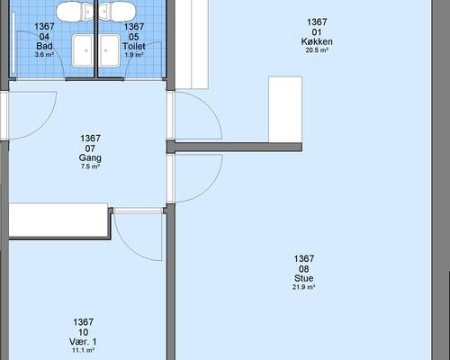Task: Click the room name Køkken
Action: pyautogui.click(x=316, y=41)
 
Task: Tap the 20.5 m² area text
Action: pyautogui.click(x=316, y=51)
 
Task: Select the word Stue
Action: pyautogui.click(x=303, y=278)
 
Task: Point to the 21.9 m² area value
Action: pyautogui.click(x=303, y=288)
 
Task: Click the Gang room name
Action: pyautogui.click(x=90, y=157)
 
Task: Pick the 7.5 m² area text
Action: pyautogui.click(x=90, y=167)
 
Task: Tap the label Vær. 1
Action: pyautogui.click(x=83, y=342)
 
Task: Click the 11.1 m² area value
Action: pyautogui.click(x=83, y=352)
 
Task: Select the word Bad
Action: pyautogui.click(x=44, y=46)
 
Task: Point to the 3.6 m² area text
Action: pyautogui.click(x=44, y=55)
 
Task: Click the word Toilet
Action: pyautogui.click(x=133, y=46)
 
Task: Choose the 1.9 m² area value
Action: pyautogui.click(x=133, y=55)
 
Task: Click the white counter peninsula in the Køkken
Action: pyautogui.click(x=285, y=108)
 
